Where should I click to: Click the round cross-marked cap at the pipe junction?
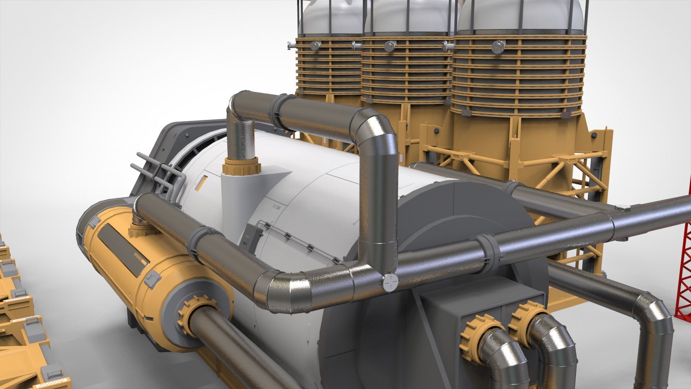[x=390, y=283]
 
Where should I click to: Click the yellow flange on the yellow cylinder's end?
[x=197, y=309]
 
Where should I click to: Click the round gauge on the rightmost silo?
[x=498, y=46]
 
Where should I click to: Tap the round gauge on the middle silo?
[x=389, y=45]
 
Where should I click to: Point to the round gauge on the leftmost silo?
[x=315, y=45]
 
